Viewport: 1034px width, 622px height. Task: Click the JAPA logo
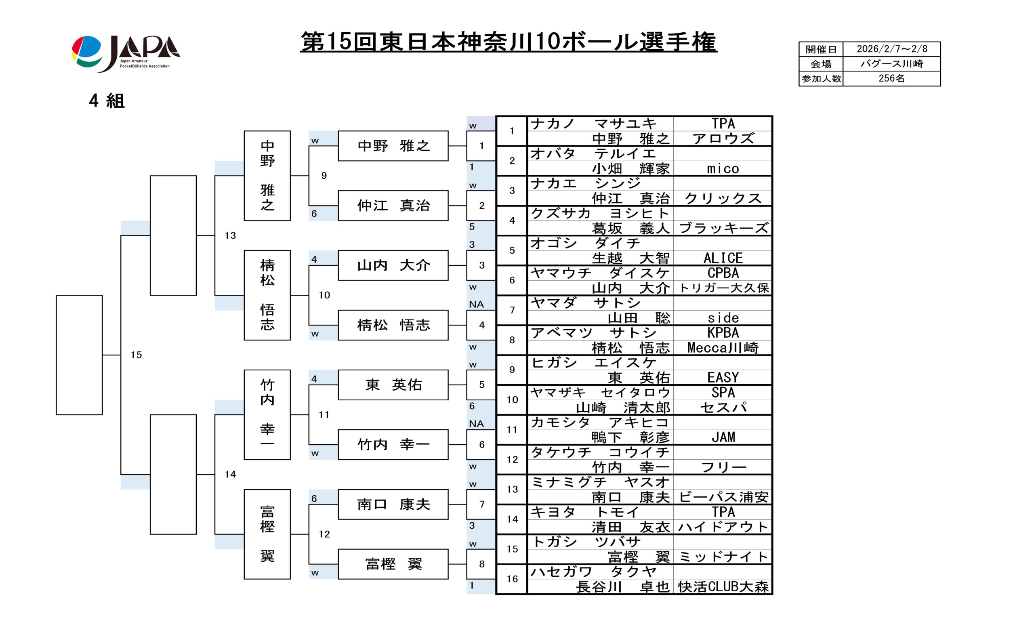point(125,53)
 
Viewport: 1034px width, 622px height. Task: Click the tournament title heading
point(508,42)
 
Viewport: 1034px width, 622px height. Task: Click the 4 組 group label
point(107,101)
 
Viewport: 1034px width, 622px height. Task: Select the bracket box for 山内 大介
point(393,265)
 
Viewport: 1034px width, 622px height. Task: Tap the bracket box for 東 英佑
point(393,385)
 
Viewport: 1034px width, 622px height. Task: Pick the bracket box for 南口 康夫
point(393,504)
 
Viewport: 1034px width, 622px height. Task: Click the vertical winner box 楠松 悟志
point(267,295)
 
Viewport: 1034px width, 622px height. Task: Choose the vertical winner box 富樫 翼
point(267,534)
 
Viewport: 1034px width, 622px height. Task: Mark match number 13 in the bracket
point(230,235)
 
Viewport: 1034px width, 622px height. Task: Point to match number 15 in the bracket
point(136,355)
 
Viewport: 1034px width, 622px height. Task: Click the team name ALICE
point(723,258)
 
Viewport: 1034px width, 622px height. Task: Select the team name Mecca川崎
point(723,347)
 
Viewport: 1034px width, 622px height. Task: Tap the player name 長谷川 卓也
point(622,587)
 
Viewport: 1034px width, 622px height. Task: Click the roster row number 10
point(512,400)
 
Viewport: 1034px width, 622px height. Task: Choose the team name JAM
point(723,437)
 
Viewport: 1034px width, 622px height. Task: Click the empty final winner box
point(79,355)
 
